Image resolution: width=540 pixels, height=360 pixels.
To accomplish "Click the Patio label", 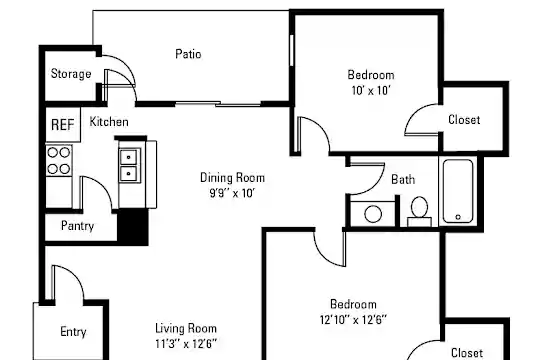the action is [x=188, y=54].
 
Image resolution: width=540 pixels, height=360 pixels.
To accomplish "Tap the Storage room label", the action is [x=71, y=74].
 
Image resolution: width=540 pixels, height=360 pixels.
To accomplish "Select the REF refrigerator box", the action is [x=63, y=124].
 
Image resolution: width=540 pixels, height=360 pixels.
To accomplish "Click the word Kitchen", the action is [x=109, y=122].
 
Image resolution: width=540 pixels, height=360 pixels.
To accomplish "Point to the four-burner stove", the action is [x=59, y=161].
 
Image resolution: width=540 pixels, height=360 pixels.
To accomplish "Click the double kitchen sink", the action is [x=129, y=165].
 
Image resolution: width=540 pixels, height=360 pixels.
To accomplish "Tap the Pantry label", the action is [x=77, y=226].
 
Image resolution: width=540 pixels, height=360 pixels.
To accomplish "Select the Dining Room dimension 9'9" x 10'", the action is [x=232, y=193].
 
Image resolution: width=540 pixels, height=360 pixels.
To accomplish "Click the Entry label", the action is [x=73, y=332].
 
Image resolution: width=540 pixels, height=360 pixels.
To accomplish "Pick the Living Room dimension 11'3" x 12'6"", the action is [x=186, y=344].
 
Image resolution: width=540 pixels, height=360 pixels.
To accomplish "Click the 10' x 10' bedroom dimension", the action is [x=371, y=91].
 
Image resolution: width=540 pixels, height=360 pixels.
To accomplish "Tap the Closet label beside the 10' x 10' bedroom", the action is [x=464, y=120].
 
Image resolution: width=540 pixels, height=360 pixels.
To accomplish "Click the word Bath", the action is [x=403, y=179].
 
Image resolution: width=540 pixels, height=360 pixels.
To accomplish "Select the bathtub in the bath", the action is [x=458, y=191].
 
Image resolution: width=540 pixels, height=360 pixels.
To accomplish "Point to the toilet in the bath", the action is [x=419, y=211].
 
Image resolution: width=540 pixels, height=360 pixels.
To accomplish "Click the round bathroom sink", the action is [x=373, y=214].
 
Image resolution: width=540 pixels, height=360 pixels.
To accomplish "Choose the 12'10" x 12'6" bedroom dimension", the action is [x=353, y=320].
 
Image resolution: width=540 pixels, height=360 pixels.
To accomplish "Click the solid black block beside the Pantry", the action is [x=133, y=227].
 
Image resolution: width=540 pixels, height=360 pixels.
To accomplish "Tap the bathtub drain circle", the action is [x=458, y=217].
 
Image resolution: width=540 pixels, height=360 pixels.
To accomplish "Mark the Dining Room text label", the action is [x=232, y=178].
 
